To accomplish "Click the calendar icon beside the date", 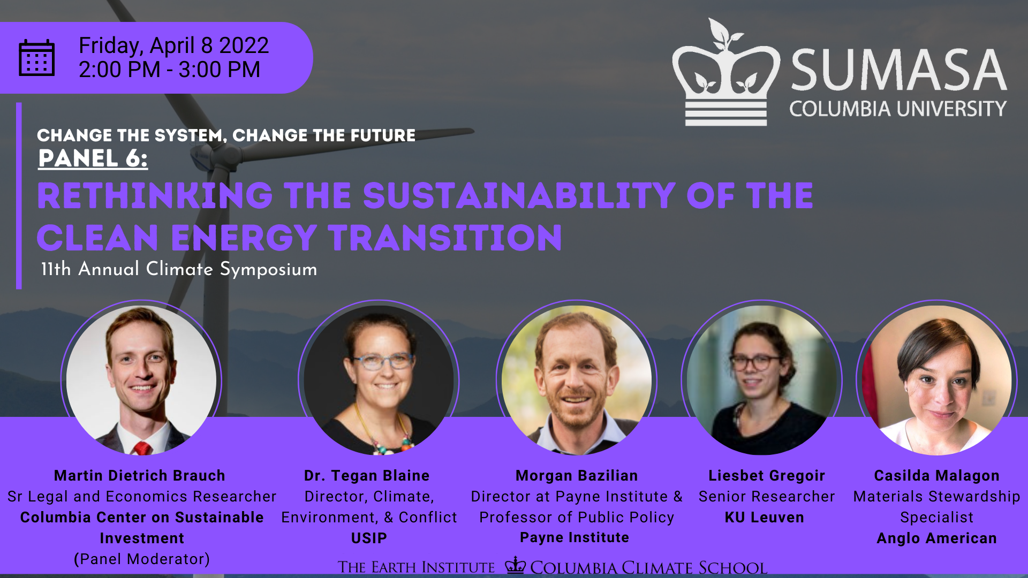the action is pos(36,58).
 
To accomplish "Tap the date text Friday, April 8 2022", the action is pos(173,45).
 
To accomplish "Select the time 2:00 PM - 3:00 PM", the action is pos(169,70).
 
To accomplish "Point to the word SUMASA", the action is pos(899,70).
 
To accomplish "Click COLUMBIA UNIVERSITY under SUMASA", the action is pos(898,109).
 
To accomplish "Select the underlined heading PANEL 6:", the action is pos(93,158).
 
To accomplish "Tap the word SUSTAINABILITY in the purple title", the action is pos(519,195).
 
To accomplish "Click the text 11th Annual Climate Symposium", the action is pos(179,269).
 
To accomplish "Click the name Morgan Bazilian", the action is pos(577,476).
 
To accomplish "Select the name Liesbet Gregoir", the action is pos(767,476).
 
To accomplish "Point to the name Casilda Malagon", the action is pos(936,476).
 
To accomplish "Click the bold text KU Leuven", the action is pos(764,518).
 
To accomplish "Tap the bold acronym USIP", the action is pos(369,538).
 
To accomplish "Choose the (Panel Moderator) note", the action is pos(142,559).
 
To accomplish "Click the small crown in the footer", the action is pos(516,565).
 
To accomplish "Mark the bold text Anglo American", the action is pos(936,538).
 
